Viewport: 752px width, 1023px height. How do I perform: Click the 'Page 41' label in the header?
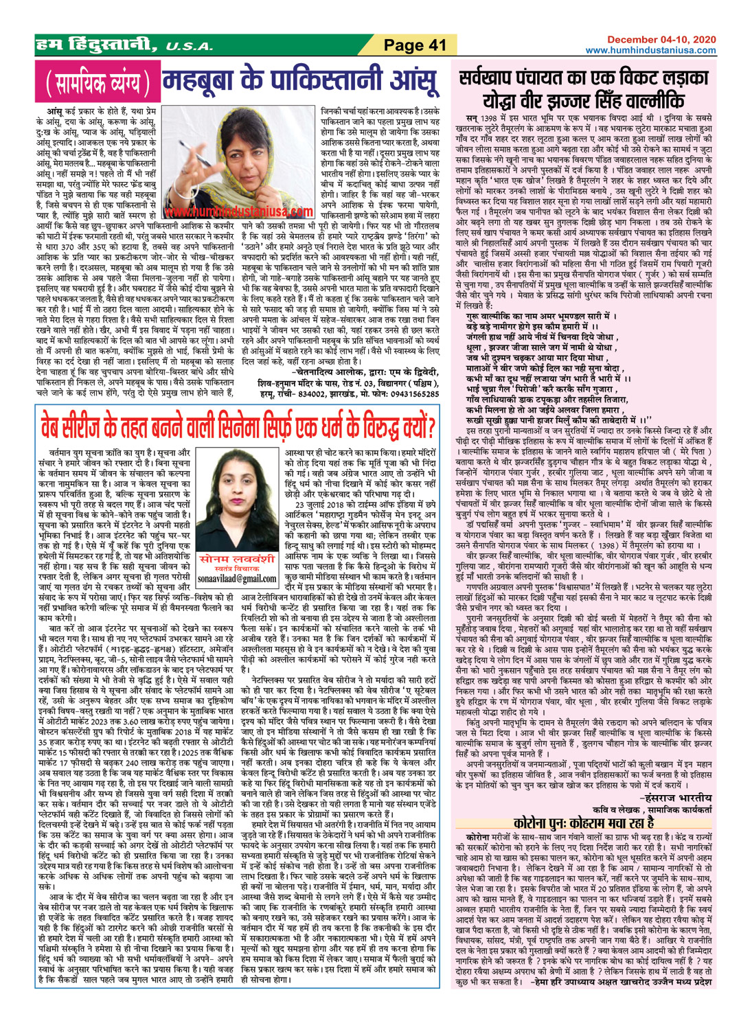pos(415,45)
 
